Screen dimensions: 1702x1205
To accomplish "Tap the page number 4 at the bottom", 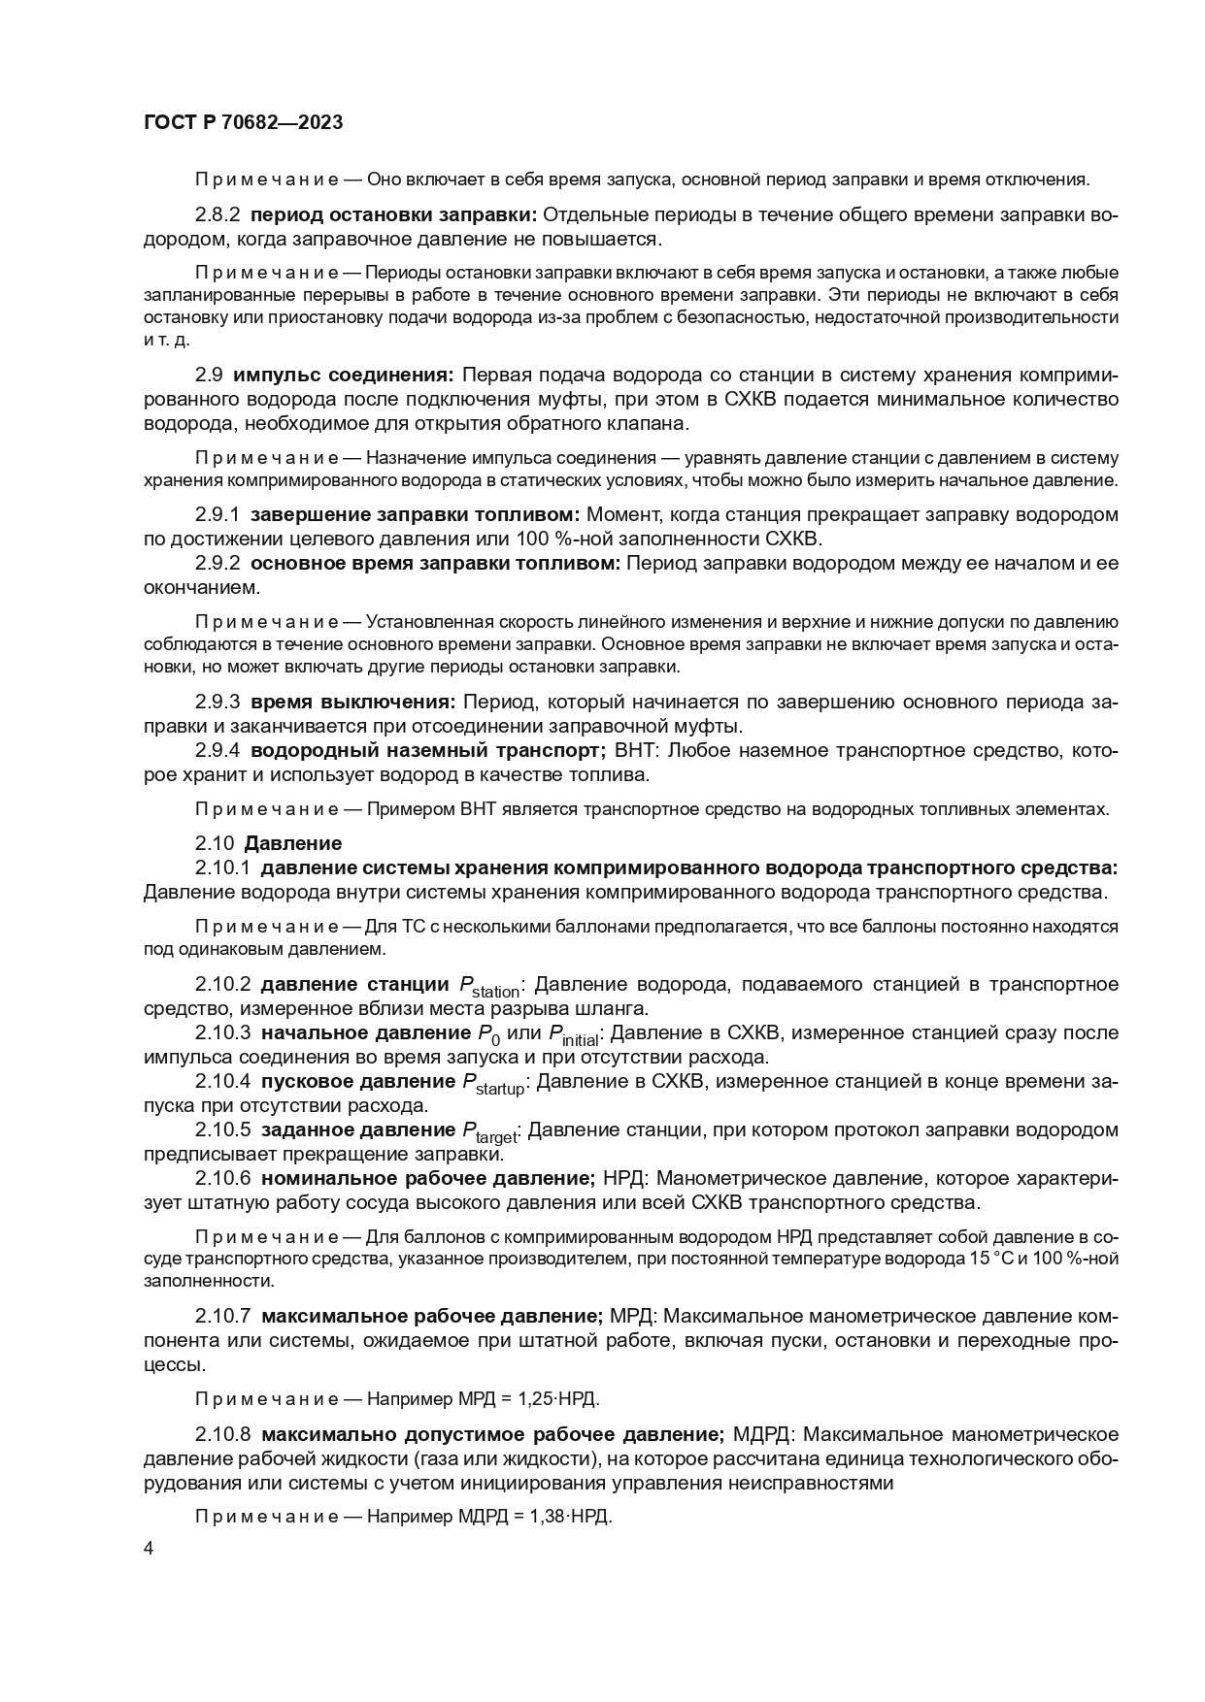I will pyautogui.click(x=149, y=1549).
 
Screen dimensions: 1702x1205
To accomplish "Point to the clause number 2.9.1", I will pyautogui.click(x=218, y=514).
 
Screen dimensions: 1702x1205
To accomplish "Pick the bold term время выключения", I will pyautogui.click(x=352, y=701).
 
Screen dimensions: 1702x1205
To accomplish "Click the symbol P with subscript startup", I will pyautogui.click(x=492, y=1084).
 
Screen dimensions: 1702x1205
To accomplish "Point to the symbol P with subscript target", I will pyautogui.click(x=488, y=1132).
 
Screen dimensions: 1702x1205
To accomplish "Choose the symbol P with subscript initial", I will pyautogui.click(x=574, y=1035).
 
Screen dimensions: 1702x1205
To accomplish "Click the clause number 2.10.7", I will pyautogui.click(x=223, y=1317).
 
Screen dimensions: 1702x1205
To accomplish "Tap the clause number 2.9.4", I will pyautogui.click(x=218, y=750).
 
